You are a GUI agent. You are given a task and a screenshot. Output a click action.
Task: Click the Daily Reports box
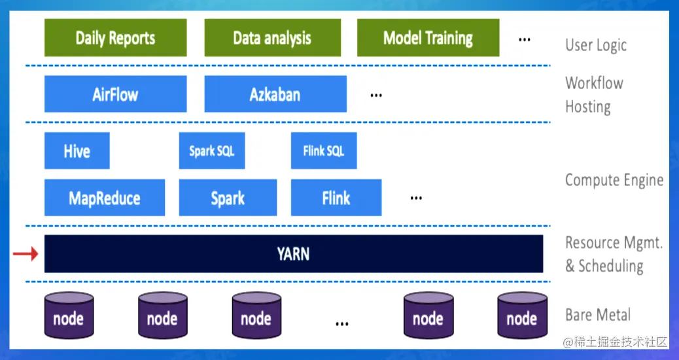point(115,38)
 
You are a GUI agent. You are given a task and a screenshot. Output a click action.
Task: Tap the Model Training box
point(428,38)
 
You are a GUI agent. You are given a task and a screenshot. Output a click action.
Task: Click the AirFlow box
point(115,94)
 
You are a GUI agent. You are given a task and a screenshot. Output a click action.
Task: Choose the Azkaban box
point(275,94)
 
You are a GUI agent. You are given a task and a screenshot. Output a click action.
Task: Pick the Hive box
point(77,151)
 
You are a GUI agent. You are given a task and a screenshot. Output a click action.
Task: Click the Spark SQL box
point(211,151)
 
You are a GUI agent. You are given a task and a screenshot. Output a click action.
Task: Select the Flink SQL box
point(324,151)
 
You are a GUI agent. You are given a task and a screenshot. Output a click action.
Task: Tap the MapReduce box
point(105,198)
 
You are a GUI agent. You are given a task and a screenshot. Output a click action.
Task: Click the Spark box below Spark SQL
point(228,198)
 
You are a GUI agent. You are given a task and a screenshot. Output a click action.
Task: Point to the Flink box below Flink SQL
point(336,198)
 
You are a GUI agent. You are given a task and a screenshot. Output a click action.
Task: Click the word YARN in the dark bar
point(293,253)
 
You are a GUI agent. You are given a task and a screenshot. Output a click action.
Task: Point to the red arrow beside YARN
point(26,253)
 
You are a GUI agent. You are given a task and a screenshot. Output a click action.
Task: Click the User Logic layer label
point(595,45)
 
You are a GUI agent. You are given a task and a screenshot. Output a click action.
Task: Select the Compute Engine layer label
point(614,180)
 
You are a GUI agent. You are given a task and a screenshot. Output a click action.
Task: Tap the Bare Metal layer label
point(598,315)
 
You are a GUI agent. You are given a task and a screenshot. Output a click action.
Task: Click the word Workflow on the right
point(594,83)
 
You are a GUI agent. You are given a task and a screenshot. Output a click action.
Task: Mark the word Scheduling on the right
point(610,266)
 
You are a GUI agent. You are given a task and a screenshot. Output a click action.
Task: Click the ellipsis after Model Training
point(524,39)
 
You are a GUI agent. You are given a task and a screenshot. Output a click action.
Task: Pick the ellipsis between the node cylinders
point(341,323)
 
